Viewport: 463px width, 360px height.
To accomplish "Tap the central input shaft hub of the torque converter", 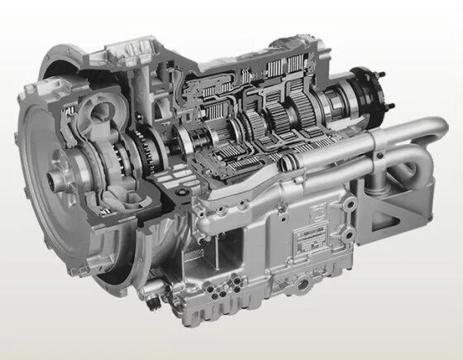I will click(57, 177).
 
